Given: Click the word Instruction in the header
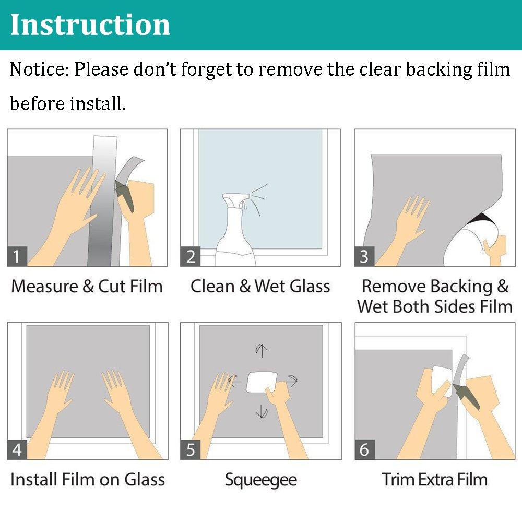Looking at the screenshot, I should [x=90, y=25].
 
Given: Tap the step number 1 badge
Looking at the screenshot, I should [x=17, y=256].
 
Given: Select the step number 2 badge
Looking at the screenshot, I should [x=191, y=256].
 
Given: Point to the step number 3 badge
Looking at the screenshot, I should [x=364, y=256].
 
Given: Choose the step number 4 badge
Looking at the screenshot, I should [x=17, y=449].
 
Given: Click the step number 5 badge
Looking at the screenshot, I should [x=191, y=449].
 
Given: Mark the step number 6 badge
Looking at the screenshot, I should [x=364, y=449].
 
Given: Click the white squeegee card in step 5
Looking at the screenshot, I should [x=259, y=382].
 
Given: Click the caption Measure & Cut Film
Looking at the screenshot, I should [x=87, y=287].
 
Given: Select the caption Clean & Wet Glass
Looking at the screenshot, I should [x=260, y=287].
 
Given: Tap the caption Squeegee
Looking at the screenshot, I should [x=260, y=479].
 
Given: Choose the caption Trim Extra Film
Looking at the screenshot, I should [x=434, y=479].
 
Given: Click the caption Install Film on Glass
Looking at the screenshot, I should [x=88, y=479].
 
